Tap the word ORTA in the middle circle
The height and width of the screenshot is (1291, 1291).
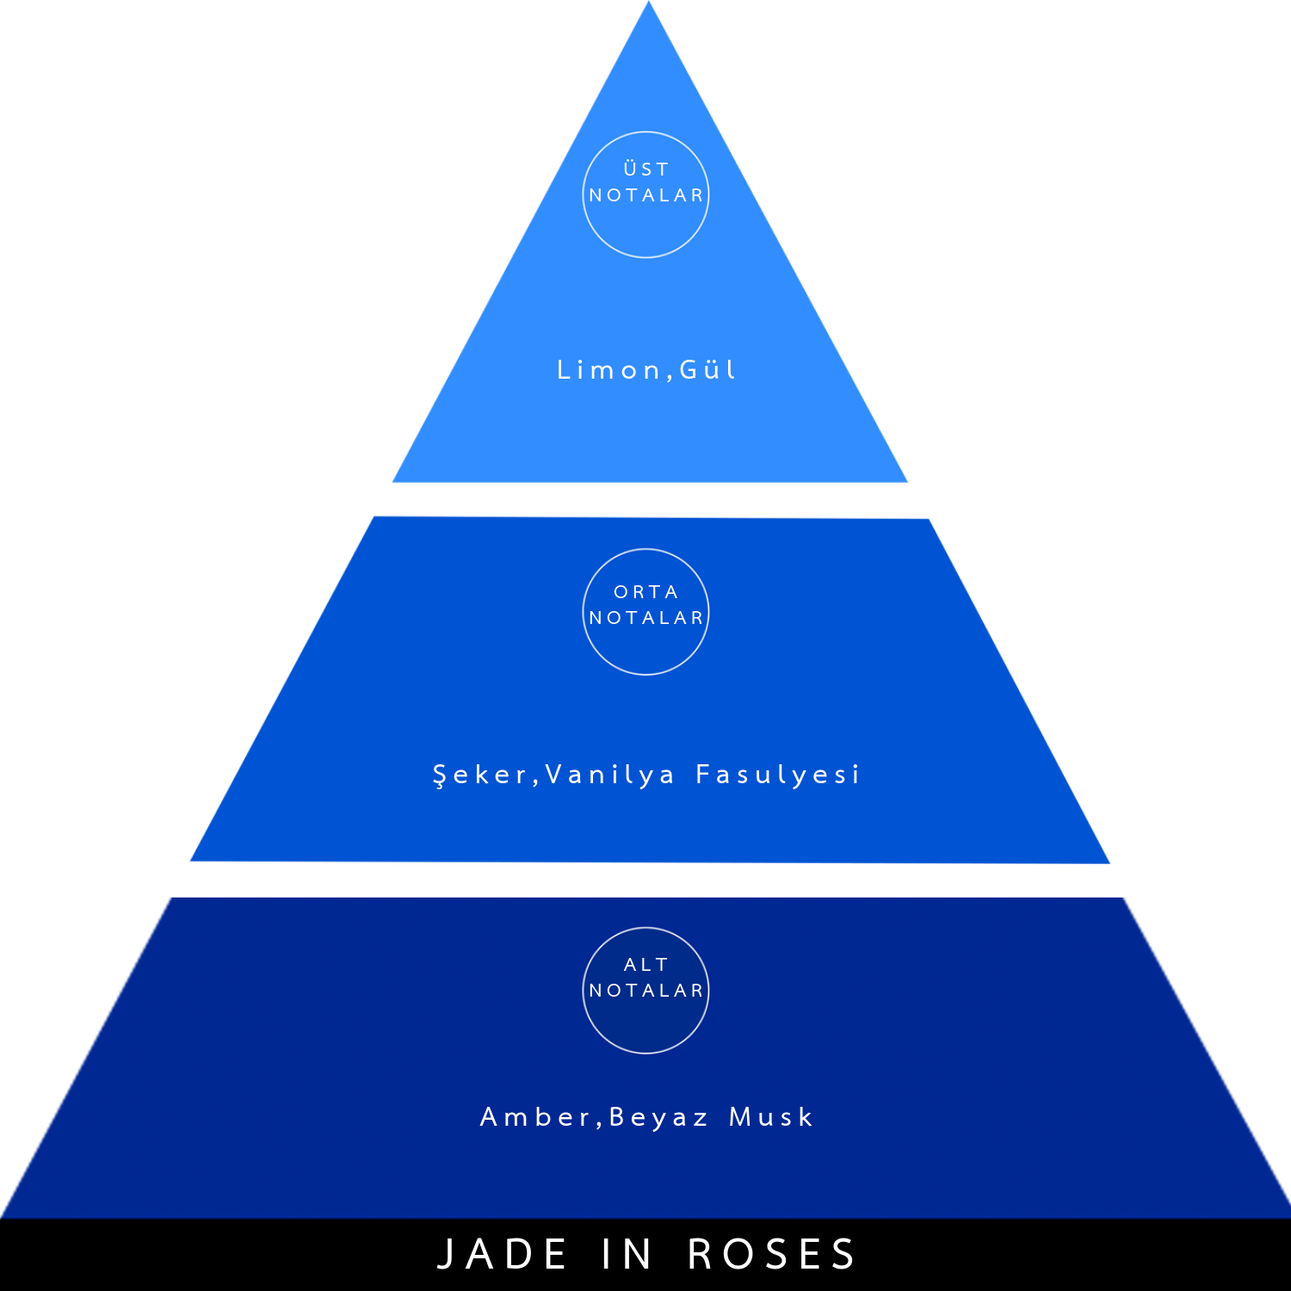click(x=645, y=592)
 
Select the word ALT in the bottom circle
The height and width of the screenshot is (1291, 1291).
click(x=645, y=965)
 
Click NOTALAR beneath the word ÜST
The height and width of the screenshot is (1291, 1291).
click(x=645, y=195)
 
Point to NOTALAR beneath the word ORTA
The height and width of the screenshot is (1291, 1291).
click(x=645, y=618)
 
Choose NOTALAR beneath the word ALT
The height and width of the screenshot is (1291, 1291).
click(x=645, y=991)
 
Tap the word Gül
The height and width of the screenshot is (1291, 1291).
click(x=707, y=369)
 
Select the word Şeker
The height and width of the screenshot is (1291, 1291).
click(x=479, y=775)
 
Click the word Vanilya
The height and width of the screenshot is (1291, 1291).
click(x=610, y=775)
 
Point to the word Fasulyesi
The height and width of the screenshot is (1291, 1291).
click(x=777, y=775)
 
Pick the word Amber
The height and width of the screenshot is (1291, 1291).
click(x=534, y=1117)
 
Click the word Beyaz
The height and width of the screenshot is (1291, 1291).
click(x=658, y=1118)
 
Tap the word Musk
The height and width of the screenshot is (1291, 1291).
click(x=770, y=1117)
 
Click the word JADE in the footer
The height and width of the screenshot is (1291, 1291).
click(x=503, y=1254)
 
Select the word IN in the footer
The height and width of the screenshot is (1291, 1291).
click(x=627, y=1254)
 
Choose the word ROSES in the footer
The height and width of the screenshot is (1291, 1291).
click(x=771, y=1254)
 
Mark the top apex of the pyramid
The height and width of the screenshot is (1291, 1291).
click(x=649, y=2)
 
